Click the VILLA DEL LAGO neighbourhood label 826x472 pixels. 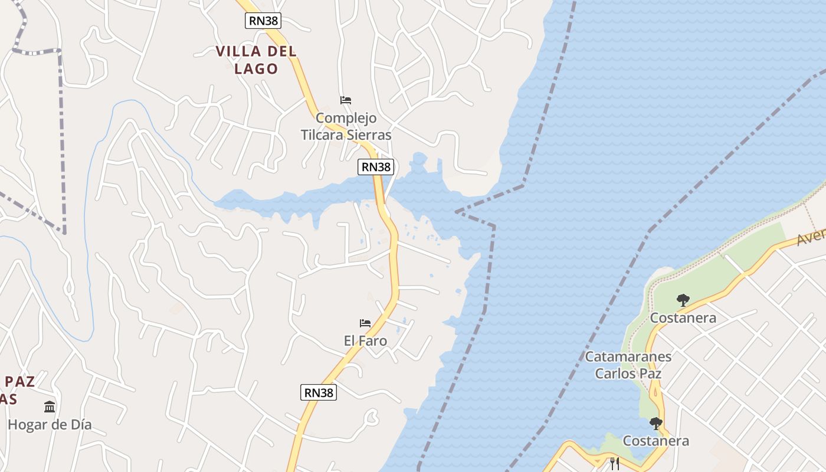pos(256,60)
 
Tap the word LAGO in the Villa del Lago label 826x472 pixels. pos(256,68)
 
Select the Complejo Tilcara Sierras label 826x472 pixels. pos(346,126)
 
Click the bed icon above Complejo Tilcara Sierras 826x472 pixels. pos(346,100)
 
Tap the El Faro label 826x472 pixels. pos(365,340)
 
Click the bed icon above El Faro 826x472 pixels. pos(365,323)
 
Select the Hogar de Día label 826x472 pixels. pos(50,424)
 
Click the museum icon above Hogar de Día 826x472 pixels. pos(50,407)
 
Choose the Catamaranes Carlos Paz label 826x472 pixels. pos(628,365)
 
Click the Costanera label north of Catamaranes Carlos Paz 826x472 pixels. pos(683,318)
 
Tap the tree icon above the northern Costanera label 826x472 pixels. pos(683,300)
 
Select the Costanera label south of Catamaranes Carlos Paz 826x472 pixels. pos(655,441)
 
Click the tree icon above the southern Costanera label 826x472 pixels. pos(655,423)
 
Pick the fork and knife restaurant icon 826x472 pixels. pos(615,463)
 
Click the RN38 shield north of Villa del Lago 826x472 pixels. pos(263,21)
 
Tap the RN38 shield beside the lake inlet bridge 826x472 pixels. pos(375,167)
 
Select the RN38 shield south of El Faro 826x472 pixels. pos(319,392)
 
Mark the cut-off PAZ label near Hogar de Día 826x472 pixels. pos(19,381)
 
